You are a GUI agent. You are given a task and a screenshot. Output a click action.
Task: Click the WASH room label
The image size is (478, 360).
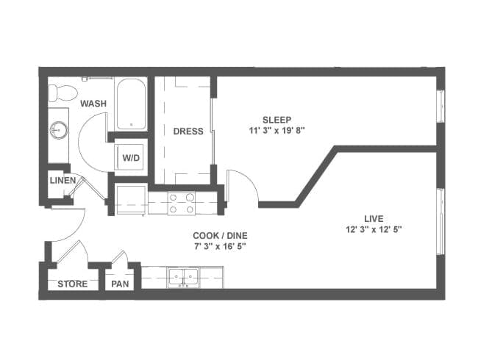pos(93,104)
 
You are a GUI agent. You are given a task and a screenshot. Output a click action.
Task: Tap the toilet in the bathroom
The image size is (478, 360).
pos(63,93)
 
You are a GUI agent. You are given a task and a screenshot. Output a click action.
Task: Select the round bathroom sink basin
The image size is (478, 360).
pos(59,130)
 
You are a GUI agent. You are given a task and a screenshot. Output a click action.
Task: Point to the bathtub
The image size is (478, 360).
pos(131,104)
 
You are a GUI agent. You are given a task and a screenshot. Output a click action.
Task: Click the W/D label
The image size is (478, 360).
pos(131,158)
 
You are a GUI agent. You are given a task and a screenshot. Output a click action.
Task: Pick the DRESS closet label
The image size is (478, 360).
pos(188,132)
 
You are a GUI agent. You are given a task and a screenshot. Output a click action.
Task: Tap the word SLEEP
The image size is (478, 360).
pos(277,120)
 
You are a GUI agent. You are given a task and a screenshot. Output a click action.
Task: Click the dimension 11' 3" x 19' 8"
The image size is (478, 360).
pos(277,131)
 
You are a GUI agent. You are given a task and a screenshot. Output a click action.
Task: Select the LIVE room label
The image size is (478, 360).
pos(374,219)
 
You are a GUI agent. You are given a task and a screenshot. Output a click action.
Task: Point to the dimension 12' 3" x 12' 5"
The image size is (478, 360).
pos(374,230)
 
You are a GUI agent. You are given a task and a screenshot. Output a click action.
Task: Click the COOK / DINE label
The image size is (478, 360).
pos(220,235)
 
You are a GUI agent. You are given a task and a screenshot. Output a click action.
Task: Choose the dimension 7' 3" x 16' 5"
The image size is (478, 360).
pos(220,246)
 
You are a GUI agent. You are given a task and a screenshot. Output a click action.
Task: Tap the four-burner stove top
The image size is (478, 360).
pos(182,204)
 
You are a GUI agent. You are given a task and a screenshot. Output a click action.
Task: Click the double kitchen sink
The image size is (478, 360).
pos(183,278)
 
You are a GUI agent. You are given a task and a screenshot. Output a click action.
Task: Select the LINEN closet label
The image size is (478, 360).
pos(63,180)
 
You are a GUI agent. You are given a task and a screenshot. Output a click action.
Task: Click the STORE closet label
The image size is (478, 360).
pos(73,284)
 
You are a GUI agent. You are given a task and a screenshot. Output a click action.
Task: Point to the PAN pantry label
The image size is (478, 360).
pos(120,284)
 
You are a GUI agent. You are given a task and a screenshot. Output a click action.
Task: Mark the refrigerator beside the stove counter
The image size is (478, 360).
pos(131,200)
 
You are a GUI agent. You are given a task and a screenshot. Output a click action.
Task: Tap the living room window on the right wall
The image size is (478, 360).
pos(440,222)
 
